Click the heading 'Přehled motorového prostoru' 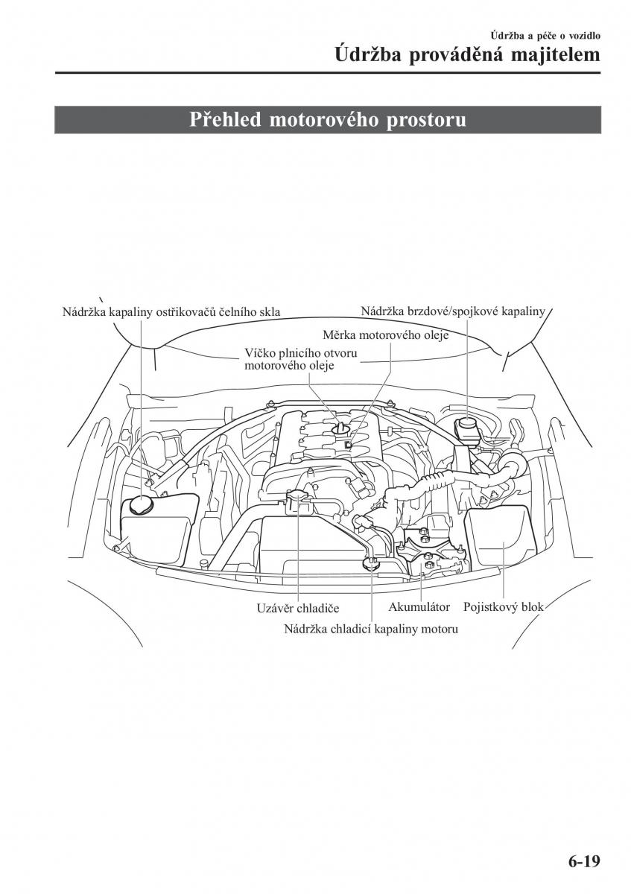click(328, 120)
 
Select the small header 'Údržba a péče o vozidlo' click(545, 34)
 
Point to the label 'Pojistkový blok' click(504, 607)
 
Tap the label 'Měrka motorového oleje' click(385, 335)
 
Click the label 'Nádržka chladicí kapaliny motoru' click(370, 629)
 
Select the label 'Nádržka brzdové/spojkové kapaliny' click(454, 311)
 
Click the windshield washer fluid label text click(171, 312)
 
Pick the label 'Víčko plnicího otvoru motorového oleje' click(301, 358)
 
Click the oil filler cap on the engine click(342, 428)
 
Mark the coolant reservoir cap click(370, 563)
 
